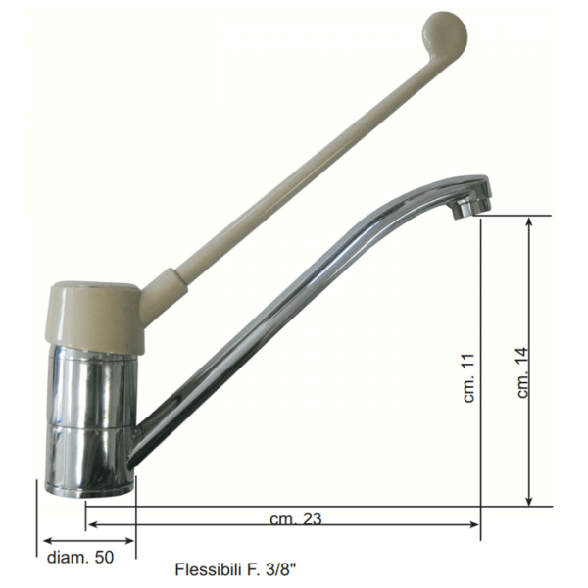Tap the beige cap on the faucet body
(x=96, y=315)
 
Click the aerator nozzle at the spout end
(x=463, y=209)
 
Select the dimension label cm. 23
(x=296, y=519)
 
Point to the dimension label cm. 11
(x=469, y=377)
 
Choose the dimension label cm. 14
(x=522, y=372)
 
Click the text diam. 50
(x=80, y=558)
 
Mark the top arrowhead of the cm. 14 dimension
(x=529, y=222)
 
